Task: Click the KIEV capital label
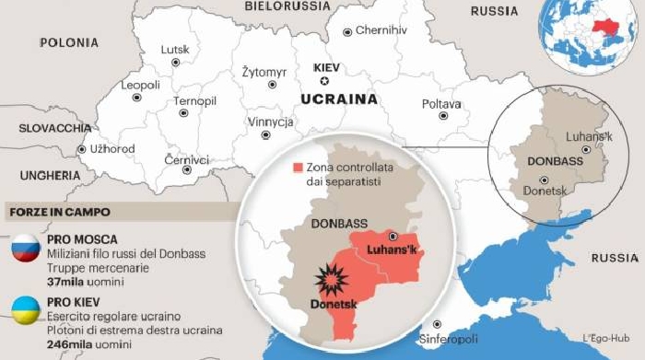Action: pyautogui.click(x=327, y=68)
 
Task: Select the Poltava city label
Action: pyautogui.click(x=441, y=104)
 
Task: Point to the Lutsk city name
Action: pyautogui.click(x=174, y=49)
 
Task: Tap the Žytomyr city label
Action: pyautogui.click(x=264, y=72)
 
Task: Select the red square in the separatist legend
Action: pyautogui.click(x=298, y=168)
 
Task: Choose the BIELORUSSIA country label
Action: pyautogui.click(x=287, y=6)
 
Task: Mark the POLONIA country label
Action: pyautogui.click(x=69, y=42)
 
